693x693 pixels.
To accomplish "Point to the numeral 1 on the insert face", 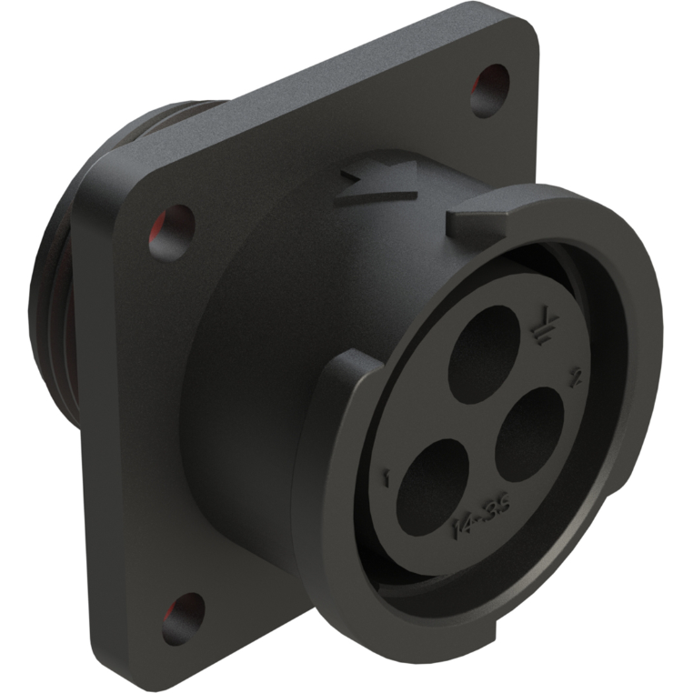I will (x=387, y=476).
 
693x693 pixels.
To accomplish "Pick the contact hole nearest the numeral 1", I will (x=433, y=483).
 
